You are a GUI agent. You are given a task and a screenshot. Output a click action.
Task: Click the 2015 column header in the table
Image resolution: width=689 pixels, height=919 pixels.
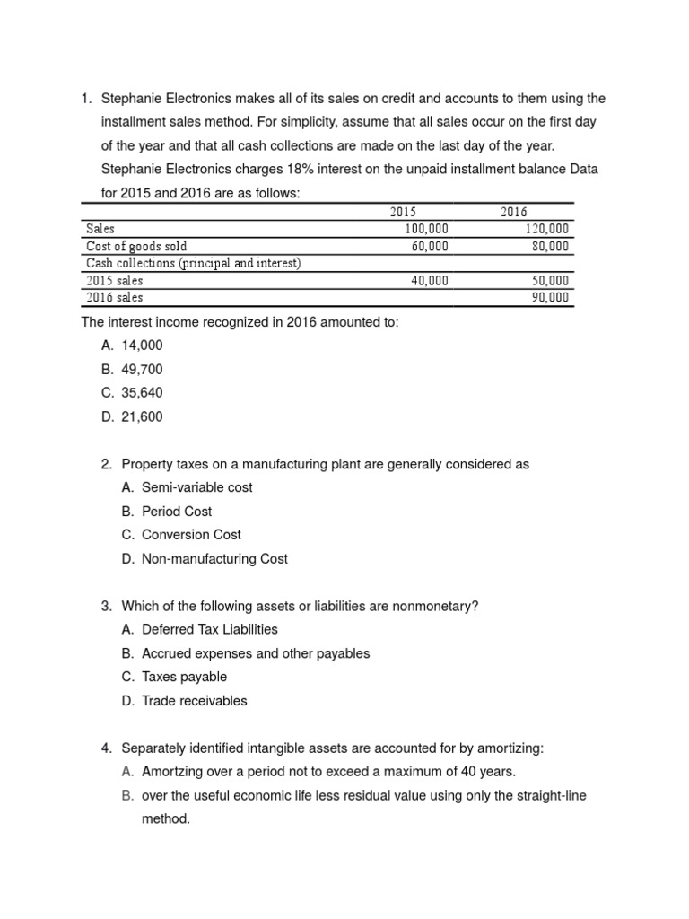[403, 213]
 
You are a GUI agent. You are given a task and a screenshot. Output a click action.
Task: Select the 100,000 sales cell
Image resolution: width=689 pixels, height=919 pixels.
[426, 229]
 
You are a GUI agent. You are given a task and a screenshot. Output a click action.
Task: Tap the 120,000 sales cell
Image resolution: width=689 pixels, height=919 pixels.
[546, 229]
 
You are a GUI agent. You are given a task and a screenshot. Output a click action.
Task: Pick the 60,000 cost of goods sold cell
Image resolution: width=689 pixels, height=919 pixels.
[430, 246]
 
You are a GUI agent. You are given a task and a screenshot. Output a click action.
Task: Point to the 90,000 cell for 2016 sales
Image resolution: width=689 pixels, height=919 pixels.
[550, 297]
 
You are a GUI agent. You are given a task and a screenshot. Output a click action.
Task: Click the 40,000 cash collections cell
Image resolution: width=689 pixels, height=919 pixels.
[430, 280]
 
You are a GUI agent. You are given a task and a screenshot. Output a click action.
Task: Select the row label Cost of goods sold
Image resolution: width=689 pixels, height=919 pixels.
[136, 246]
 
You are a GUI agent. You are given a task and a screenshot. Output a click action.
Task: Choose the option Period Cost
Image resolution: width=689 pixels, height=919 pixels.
[177, 511]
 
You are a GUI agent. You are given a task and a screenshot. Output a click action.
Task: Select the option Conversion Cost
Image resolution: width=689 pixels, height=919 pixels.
[191, 534]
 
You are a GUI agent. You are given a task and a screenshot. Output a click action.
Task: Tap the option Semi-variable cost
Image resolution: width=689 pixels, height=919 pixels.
[196, 487]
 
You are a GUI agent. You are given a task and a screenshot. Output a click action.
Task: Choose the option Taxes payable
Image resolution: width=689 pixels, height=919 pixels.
[184, 677]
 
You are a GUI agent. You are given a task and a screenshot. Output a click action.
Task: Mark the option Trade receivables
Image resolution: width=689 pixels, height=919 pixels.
[194, 700]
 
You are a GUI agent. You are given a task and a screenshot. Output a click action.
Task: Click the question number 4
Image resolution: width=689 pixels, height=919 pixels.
[107, 748]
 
